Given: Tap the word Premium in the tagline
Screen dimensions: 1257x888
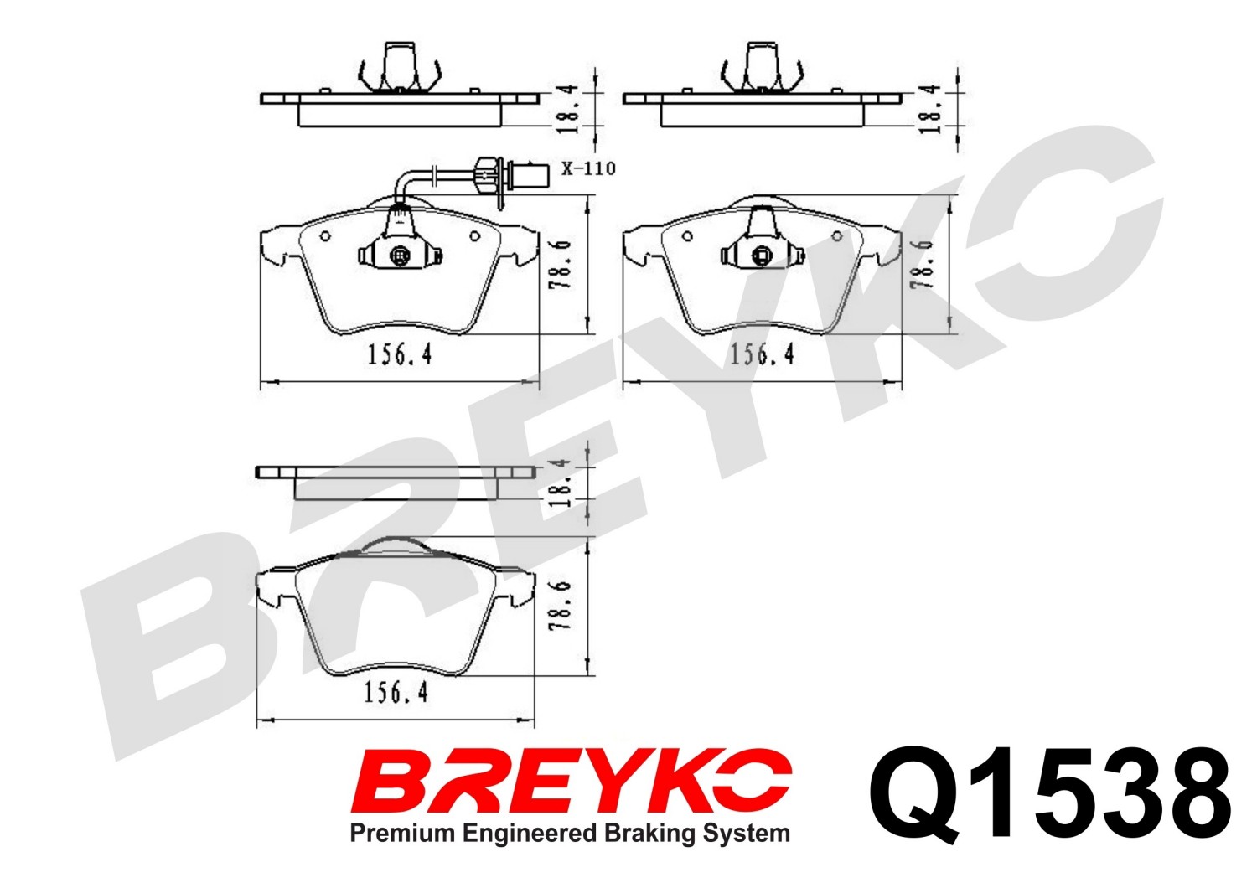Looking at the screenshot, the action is (x=402, y=834).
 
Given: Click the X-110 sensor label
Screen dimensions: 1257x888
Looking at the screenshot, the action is (x=588, y=168).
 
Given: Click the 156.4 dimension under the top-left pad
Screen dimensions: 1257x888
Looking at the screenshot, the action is (x=400, y=354).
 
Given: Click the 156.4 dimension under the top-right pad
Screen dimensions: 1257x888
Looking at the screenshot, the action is (x=762, y=354).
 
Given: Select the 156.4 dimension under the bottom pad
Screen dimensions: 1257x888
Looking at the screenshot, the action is (x=396, y=694).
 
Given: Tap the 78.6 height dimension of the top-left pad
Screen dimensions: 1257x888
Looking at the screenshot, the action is (x=561, y=264).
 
